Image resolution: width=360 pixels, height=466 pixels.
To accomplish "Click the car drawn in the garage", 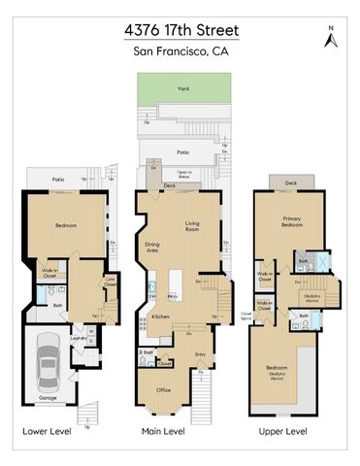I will pos(48,366).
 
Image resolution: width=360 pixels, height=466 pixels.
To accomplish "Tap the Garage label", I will pos(48,398).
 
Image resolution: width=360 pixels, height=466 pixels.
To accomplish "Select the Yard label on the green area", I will pos(182,88).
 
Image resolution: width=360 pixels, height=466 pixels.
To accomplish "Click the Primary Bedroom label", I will pos(292,223).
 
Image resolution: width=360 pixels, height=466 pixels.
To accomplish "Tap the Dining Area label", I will pos(152,247).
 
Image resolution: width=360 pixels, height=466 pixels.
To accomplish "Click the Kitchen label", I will pos(160,316).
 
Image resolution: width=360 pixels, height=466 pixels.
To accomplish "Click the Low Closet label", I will pos(111,283).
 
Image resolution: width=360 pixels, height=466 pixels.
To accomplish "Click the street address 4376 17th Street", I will pos(181,30).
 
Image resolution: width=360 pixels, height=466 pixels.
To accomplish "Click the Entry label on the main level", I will pos(201,354).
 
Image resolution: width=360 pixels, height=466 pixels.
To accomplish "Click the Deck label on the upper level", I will pos(290,183).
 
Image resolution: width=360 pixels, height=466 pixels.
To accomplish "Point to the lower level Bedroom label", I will pos(65,225).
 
